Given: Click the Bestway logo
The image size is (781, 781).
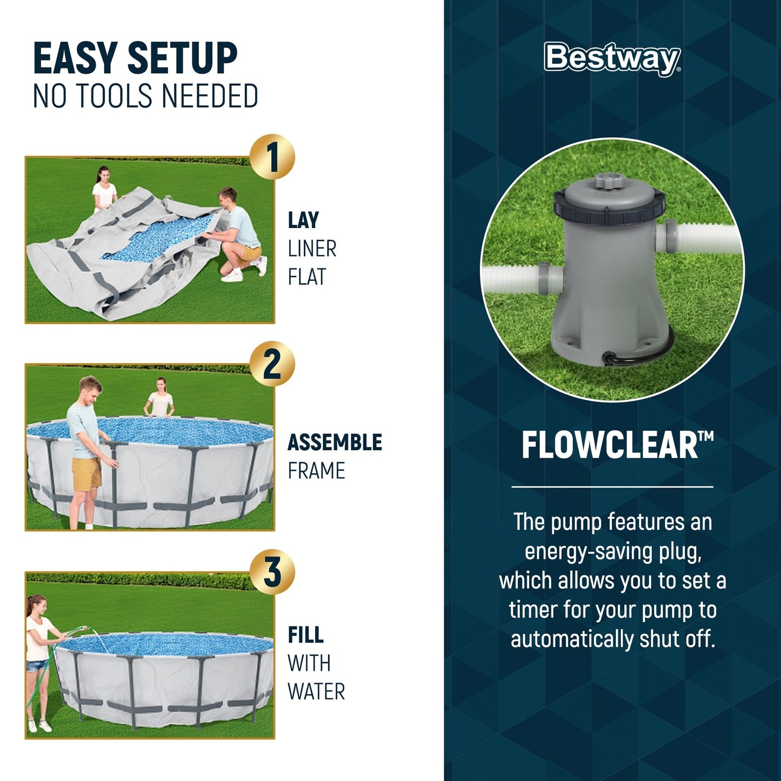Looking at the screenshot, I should pos(612,58).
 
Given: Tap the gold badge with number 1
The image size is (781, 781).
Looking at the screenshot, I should pos(272,157).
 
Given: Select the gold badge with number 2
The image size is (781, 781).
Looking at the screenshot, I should pos(272,364).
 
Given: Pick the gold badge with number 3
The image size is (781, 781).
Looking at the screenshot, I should pos(272,572).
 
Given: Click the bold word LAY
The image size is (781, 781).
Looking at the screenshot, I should pos(303,221).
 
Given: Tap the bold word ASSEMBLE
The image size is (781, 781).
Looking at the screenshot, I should pos(335,443).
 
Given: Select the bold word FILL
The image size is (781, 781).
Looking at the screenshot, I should pos(305,635).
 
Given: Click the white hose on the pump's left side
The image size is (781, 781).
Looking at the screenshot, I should pos(513,278).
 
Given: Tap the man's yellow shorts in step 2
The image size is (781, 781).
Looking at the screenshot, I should pos(87,473).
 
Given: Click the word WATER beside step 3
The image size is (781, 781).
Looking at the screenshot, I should pos(316,692).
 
